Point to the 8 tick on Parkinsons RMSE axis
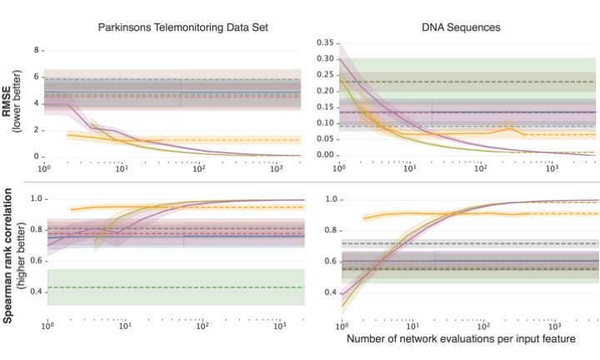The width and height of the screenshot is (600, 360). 37,50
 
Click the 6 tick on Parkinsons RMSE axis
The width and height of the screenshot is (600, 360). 37,77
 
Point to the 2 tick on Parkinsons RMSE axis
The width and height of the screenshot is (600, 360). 37,130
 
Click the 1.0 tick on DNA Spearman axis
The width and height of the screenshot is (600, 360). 329,200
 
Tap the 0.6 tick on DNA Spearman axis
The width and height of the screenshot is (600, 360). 329,262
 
